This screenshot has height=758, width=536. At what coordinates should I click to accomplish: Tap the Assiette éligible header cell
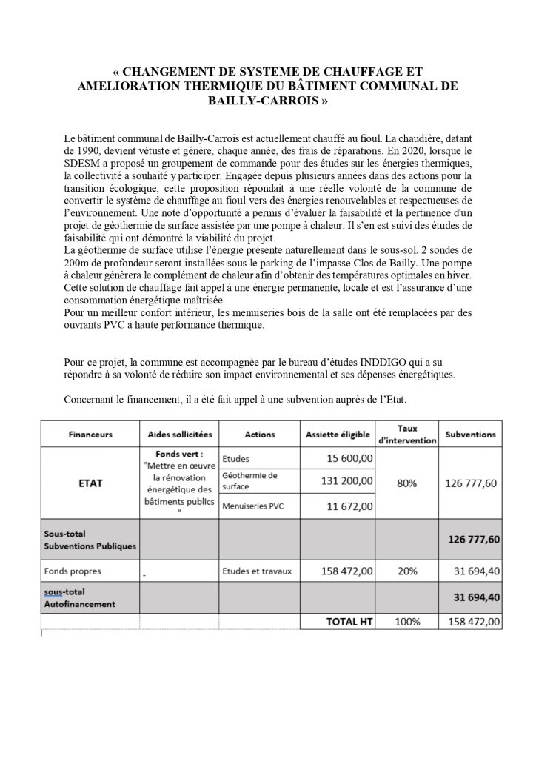pyautogui.click(x=337, y=434)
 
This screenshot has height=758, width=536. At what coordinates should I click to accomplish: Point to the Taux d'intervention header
pyautogui.click(x=407, y=434)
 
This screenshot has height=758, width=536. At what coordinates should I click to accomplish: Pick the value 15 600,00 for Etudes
pyautogui.click(x=350, y=459)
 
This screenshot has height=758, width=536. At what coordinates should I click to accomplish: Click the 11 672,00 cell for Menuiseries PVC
pyautogui.click(x=350, y=506)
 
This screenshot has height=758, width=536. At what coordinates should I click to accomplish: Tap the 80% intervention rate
pyautogui.click(x=407, y=483)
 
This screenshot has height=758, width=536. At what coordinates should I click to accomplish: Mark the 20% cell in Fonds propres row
pyautogui.click(x=407, y=571)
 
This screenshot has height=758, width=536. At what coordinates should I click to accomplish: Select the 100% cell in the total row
pyautogui.click(x=407, y=623)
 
